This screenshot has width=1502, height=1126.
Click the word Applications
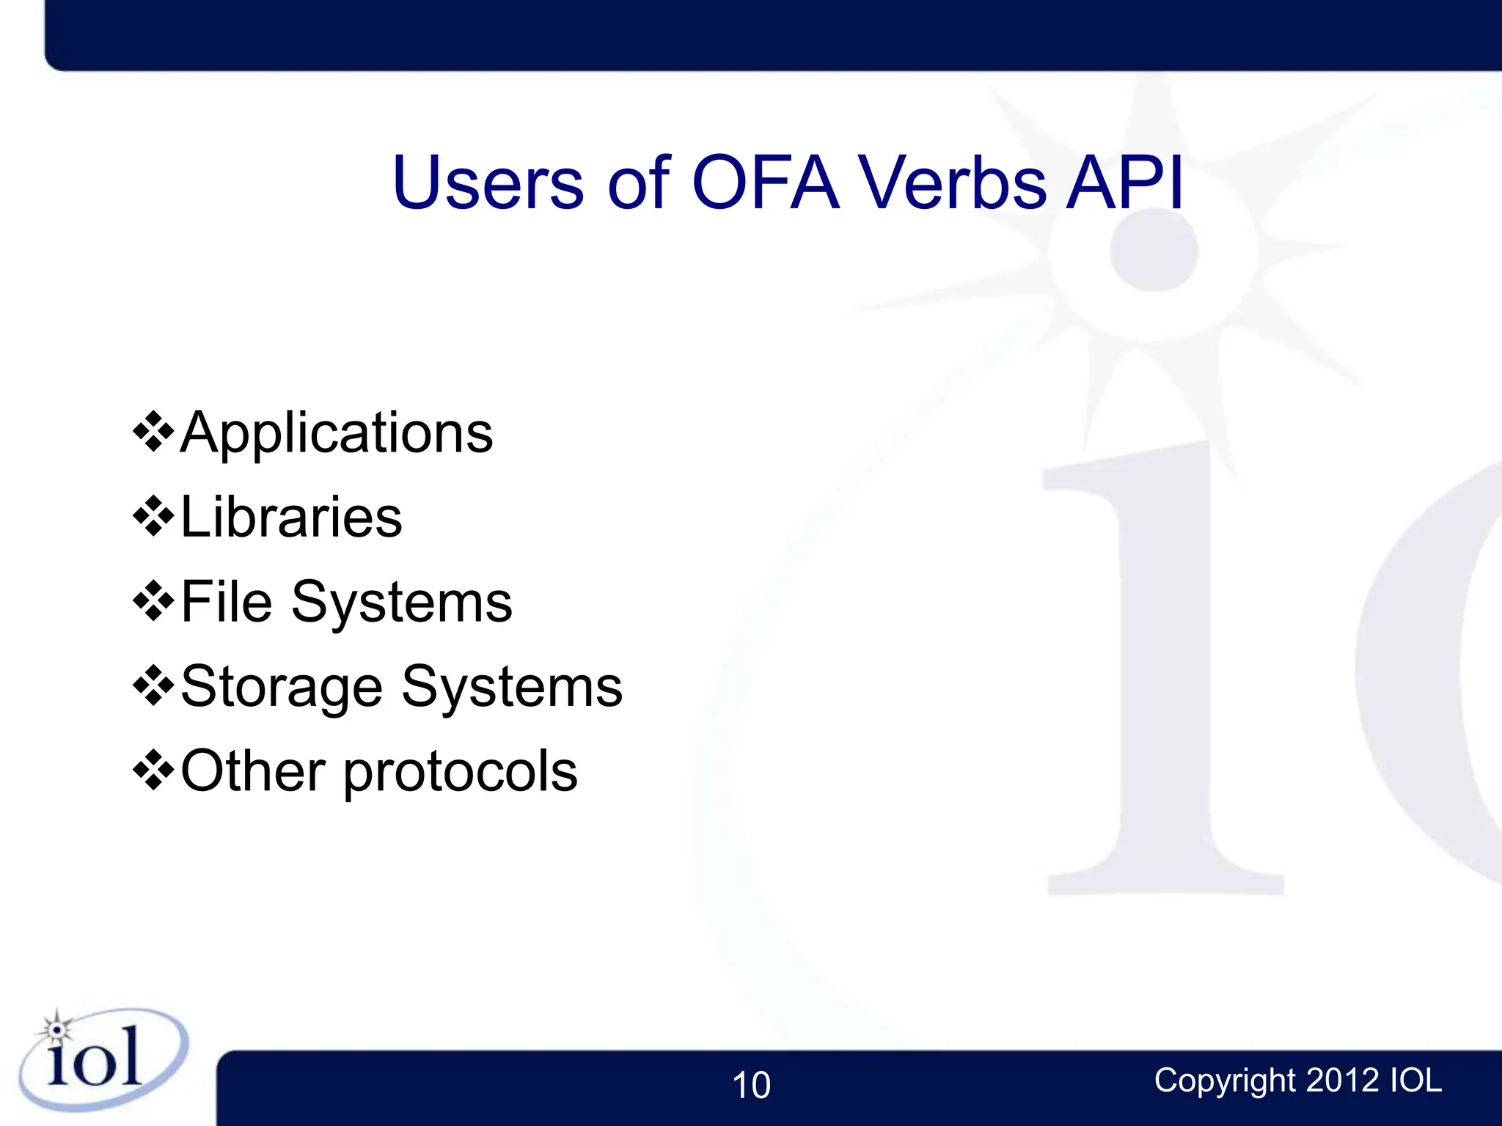pyautogui.click(x=337, y=433)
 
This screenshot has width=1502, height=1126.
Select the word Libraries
pyautogui.click(x=291, y=518)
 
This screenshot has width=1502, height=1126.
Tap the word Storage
pyautogui.click(x=282, y=687)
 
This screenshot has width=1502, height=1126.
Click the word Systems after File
pyautogui.click(x=402, y=602)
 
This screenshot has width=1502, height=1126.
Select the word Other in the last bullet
pyautogui.click(x=253, y=771)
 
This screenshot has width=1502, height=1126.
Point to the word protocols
pyautogui.click(x=461, y=773)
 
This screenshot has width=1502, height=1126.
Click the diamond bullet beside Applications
pyautogui.click(x=153, y=433)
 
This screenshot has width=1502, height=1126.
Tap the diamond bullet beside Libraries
pyautogui.click(x=153, y=517)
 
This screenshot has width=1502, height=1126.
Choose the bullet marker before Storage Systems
pyautogui.click(x=153, y=686)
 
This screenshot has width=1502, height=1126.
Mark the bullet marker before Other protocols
pyautogui.click(x=153, y=770)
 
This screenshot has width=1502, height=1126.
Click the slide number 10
pyautogui.click(x=751, y=1085)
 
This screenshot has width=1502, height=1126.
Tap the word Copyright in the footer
pyautogui.click(x=1225, y=1081)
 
